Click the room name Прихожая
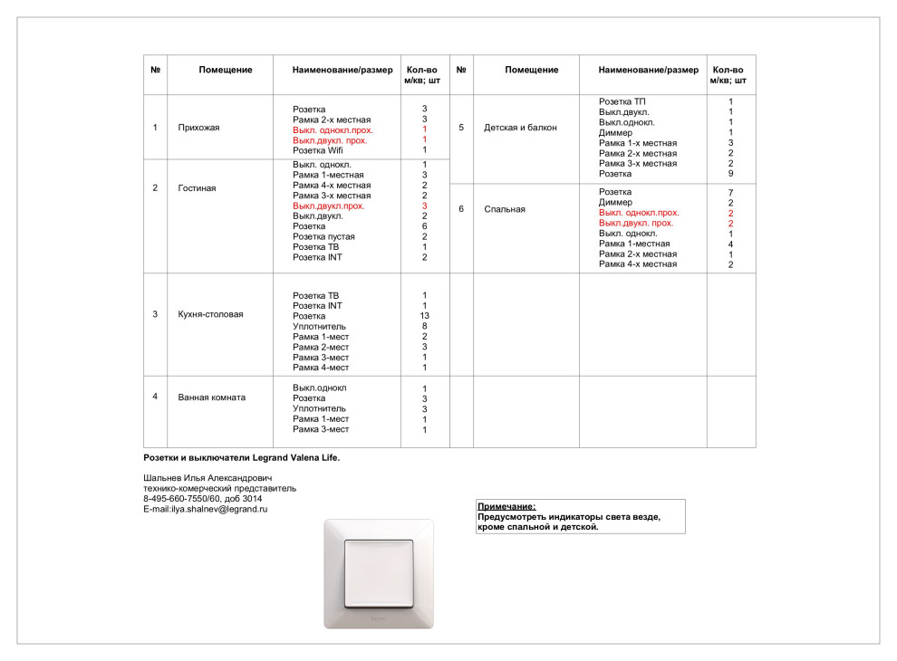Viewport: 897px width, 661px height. [x=198, y=128]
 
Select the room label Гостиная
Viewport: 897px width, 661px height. [x=197, y=188]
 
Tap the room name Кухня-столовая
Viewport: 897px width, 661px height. [x=211, y=314]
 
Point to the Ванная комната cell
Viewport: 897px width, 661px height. [x=212, y=397]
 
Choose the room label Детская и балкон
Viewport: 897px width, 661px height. [x=521, y=128]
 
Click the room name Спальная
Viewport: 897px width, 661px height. [x=505, y=209]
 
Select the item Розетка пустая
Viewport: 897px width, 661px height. [x=323, y=236]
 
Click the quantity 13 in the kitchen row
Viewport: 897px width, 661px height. [x=425, y=316]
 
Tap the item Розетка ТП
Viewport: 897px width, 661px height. [x=622, y=101]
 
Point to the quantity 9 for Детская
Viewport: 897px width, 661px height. [x=730, y=174]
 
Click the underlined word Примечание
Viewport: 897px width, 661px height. [x=506, y=506]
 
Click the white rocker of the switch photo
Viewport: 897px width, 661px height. [x=378, y=571]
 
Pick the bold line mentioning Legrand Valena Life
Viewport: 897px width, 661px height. [x=241, y=457]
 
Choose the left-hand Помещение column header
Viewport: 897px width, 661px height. [x=226, y=70]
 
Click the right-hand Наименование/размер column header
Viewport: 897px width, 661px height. [x=649, y=70]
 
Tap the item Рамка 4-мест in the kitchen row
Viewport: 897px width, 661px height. [x=321, y=368]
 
